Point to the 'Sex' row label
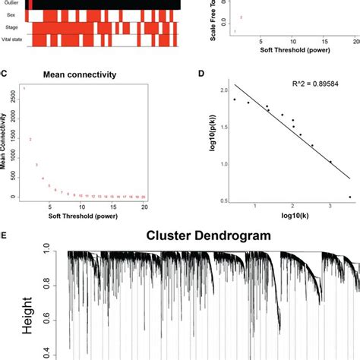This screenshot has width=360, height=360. point(11,14)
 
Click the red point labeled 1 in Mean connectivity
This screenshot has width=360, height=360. point(24,88)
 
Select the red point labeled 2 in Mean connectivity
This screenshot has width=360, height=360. point(30,139)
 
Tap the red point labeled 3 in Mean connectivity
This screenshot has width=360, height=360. point(36,164)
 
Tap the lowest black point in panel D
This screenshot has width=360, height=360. point(349,197)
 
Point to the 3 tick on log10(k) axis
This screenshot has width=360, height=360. point(330,206)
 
